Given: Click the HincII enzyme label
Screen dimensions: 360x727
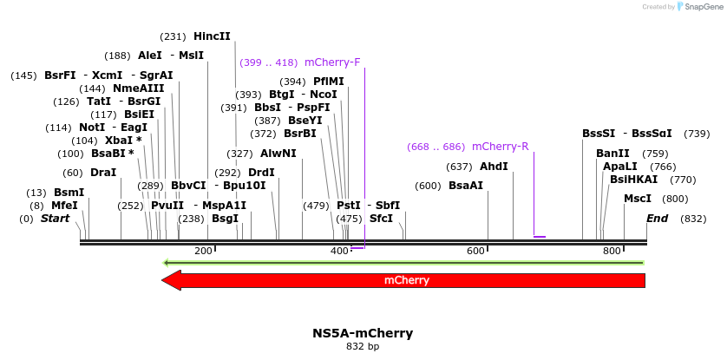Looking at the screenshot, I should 212,36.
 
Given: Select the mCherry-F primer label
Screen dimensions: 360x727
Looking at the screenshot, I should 332,62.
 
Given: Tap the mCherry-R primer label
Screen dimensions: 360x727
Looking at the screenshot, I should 500,146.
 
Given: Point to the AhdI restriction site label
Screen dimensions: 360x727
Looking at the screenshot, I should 494,167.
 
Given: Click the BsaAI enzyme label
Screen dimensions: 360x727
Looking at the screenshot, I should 466,186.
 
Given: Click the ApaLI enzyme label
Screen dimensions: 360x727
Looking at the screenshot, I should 619,167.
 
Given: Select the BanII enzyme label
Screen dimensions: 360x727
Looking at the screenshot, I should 612,154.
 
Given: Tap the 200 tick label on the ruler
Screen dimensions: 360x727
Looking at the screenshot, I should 203,251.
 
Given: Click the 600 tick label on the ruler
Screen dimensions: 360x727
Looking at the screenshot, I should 475,251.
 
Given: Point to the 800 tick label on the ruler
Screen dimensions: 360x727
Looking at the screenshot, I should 612,251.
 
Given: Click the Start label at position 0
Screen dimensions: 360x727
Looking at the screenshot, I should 55,219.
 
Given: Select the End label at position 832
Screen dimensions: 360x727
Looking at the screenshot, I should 657,219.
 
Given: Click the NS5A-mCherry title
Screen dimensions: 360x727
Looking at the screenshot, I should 363,333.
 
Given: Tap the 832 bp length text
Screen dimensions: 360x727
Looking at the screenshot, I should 363,347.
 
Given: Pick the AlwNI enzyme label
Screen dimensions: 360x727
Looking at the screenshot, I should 278,154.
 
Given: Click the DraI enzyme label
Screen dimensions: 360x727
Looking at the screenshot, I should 103,173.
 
